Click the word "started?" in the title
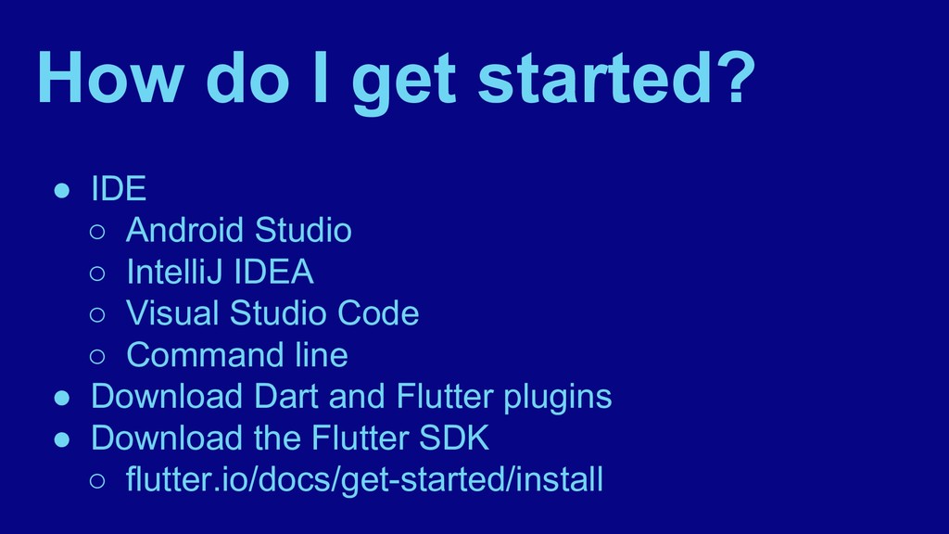click(x=613, y=79)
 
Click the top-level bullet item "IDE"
click(x=119, y=189)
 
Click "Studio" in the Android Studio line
click(x=303, y=230)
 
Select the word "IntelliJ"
click(x=175, y=272)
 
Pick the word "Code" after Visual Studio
click(x=378, y=313)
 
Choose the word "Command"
click(x=195, y=355)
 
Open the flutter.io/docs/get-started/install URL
click(x=364, y=480)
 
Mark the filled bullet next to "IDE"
click(x=62, y=190)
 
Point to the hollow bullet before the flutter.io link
click(x=98, y=481)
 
